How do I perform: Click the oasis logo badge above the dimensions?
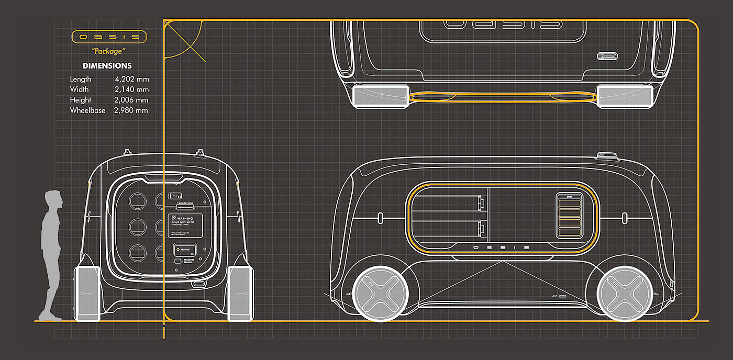(x=109, y=37)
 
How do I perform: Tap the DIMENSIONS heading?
(x=107, y=66)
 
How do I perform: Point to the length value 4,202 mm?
(x=131, y=79)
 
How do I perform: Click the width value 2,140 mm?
(x=131, y=89)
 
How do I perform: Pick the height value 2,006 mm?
(x=131, y=100)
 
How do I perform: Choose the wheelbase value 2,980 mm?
(x=131, y=110)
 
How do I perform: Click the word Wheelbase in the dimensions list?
(x=87, y=110)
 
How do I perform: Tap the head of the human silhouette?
(x=53, y=199)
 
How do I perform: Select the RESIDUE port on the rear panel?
(x=185, y=250)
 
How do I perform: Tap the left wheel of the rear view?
(x=87, y=293)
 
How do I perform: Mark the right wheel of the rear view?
(x=241, y=293)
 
